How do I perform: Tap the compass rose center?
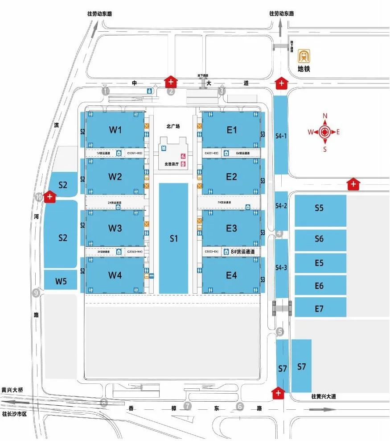pyautogui.click(x=325, y=132)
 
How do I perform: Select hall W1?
pyautogui.click(x=115, y=130)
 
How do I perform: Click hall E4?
pyautogui.click(x=231, y=275)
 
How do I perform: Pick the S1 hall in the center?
pyautogui.click(x=174, y=238)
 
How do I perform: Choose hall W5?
pyautogui.click(x=61, y=281)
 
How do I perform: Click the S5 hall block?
pyautogui.click(x=319, y=208)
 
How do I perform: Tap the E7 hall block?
pyautogui.click(x=319, y=308)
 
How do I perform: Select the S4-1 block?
pyautogui.click(x=280, y=135)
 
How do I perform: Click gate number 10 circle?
pyautogui.click(x=39, y=196)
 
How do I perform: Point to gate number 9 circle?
pyautogui.click(x=37, y=293)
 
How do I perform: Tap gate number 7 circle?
pyautogui.click(x=188, y=406)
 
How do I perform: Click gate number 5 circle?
pyautogui.click(x=280, y=332)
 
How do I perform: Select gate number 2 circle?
pyautogui.click(x=170, y=92)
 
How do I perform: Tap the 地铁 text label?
pyautogui.click(x=304, y=69)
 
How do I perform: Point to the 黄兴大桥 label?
pyautogui.click(x=12, y=390)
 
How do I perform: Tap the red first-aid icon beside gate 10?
pyautogui.click(x=50, y=196)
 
